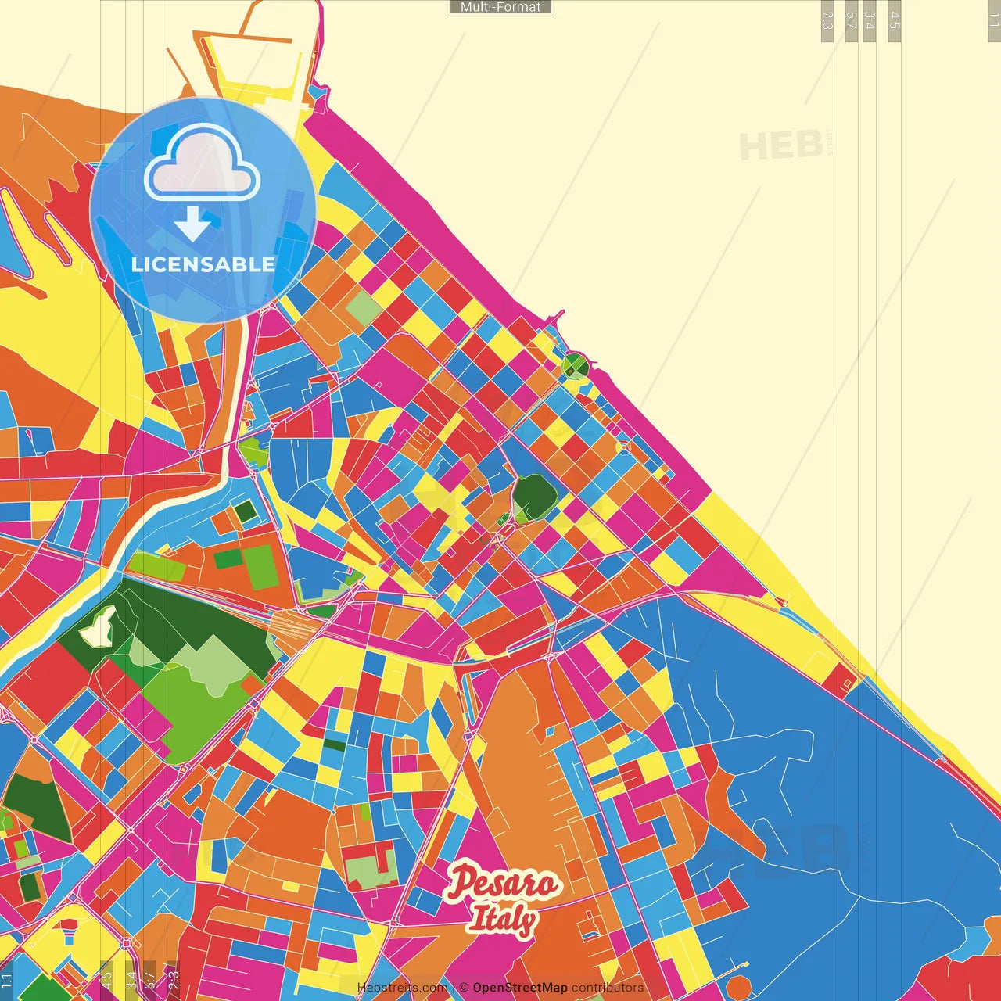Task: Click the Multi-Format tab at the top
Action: point(500,7)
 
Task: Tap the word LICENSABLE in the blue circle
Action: point(203,264)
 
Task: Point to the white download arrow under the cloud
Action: point(192,224)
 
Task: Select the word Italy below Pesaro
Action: point(502,920)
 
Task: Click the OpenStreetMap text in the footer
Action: point(519,988)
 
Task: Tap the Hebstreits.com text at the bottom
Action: point(403,988)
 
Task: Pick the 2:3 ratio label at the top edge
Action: point(827,20)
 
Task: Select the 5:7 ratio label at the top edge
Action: point(852,20)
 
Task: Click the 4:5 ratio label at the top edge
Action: point(895,20)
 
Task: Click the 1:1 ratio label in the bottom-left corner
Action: point(7,980)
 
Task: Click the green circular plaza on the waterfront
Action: point(575,365)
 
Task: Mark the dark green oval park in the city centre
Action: point(534,498)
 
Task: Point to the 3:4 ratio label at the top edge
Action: point(870,20)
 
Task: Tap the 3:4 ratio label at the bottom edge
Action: point(131,978)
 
